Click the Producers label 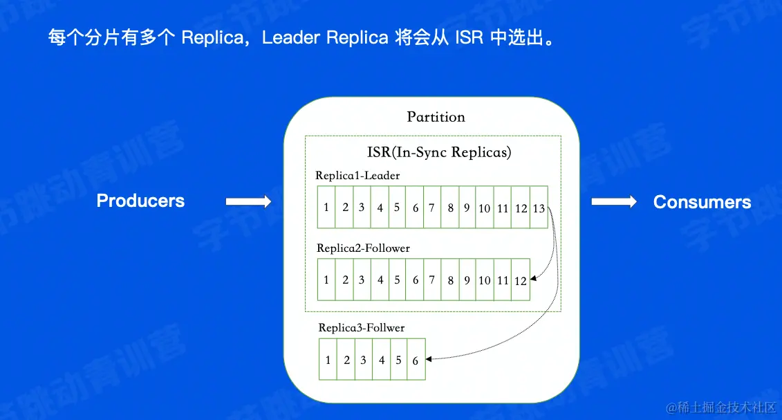pos(140,201)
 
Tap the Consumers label pos(702,202)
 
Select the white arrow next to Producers pos(248,201)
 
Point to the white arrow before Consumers pos(613,201)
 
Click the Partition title pos(436,117)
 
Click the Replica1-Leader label pos(357,176)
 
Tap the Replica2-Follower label pos(363,248)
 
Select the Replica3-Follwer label pos(361,327)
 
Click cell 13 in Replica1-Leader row pos(539,208)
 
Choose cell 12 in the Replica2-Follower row pos(521,280)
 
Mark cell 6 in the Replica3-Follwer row pos(416,360)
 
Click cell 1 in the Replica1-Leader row pos(326,208)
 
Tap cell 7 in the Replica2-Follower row pos(432,280)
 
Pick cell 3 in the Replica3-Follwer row pos(363,360)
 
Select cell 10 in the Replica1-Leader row pos(484,208)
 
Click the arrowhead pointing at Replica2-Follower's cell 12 pos(534,277)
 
